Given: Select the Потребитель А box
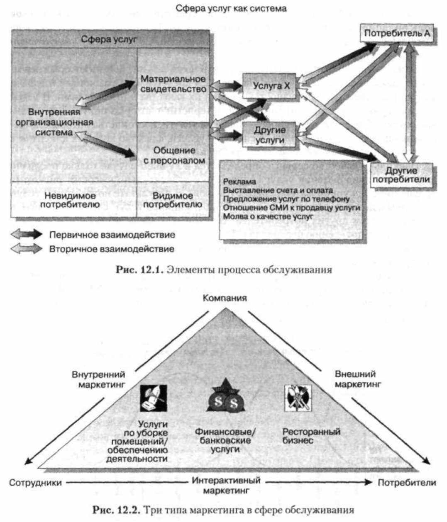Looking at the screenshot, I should [x=397, y=34].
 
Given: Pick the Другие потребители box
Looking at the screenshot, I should [x=401, y=175].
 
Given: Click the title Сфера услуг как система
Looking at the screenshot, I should [x=231, y=8].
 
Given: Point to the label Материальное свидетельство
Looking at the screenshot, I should [x=173, y=84].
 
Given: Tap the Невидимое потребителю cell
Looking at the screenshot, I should [x=70, y=200].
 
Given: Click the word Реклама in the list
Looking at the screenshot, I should [x=239, y=182].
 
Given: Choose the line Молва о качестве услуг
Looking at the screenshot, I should [x=268, y=216].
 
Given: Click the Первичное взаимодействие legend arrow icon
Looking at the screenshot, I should [x=27, y=234].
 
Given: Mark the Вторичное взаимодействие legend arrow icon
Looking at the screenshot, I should [x=27, y=249].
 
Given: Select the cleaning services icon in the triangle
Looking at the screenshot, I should [x=154, y=398].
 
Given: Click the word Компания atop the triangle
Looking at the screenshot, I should [x=225, y=298].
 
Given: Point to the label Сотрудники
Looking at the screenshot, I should [x=35, y=483].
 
